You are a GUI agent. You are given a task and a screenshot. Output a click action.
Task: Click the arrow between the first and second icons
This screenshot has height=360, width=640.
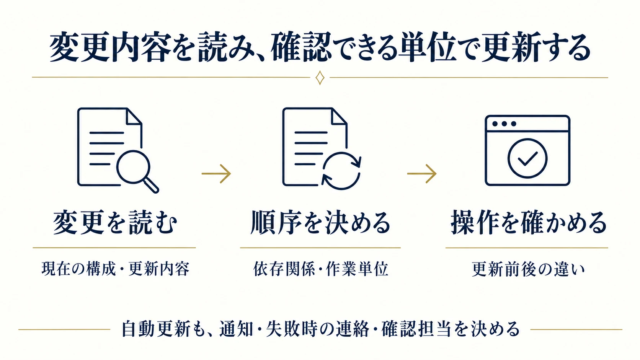(x=216, y=174)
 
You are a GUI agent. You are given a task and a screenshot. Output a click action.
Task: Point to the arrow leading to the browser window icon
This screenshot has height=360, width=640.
(x=422, y=174)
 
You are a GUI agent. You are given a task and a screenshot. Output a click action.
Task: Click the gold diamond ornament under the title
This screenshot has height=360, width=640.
(x=320, y=78)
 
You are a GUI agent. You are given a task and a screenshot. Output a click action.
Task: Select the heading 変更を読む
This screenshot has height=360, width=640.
(x=115, y=223)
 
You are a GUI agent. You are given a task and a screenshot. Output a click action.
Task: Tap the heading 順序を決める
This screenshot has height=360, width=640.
(x=320, y=223)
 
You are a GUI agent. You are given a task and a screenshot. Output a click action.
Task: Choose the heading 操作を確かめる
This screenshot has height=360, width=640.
(x=529, y=223)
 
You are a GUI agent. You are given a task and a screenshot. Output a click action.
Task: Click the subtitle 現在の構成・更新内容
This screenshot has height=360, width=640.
(x=116, y=269)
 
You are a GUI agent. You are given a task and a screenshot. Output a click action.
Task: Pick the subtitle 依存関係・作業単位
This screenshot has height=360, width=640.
(x=320, y=269)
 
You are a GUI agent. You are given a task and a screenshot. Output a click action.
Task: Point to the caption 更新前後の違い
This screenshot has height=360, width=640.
(x=528, y=269)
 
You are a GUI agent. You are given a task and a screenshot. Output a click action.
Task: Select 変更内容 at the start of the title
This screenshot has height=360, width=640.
(x=110, y=47)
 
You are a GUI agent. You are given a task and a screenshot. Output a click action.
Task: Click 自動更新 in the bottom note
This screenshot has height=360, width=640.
(x=156, y=329)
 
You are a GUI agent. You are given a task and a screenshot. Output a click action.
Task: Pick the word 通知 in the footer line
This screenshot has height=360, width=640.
(x=237, y=329)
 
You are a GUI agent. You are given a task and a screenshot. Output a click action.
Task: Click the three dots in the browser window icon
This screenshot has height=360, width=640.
(x=504, y=124)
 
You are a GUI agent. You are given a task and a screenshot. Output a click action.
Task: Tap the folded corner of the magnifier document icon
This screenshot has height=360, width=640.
(x=134, y=117)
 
